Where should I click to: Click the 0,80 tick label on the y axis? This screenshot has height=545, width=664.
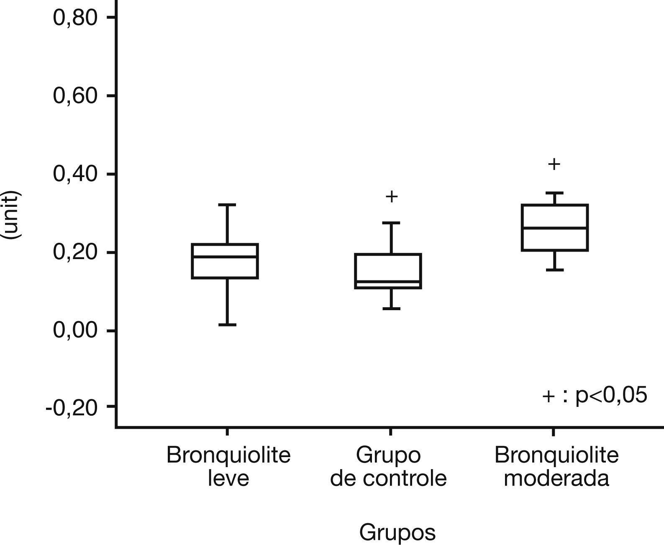tap(75, 18)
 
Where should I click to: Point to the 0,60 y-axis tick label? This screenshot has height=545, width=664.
tap(75, 95)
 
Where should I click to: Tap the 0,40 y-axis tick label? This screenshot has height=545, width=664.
tap(75, 174)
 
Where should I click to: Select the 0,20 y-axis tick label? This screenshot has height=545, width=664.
tap(75, 252)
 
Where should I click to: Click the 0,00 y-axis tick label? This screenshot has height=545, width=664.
tap(75, 330)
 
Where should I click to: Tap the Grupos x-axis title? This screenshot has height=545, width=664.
tap(397, 532)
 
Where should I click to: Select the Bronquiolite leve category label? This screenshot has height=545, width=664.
tap(228, 466)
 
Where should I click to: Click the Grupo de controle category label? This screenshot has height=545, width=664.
tap(388, 466)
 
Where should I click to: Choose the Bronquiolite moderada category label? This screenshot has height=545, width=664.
tap(556, 466)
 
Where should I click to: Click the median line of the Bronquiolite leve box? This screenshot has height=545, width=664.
tap(225, 257)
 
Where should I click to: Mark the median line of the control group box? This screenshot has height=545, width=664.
tap(388, 282)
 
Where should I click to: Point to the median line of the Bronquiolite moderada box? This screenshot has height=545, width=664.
tap(555, 228)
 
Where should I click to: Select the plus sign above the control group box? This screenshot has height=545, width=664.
tap(391, 196)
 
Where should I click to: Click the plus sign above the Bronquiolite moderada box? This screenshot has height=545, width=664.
tap(554, 164)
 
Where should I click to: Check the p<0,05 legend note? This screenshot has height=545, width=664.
tap(595, 395)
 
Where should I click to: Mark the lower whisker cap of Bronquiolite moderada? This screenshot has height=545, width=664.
tap(555, 270)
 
